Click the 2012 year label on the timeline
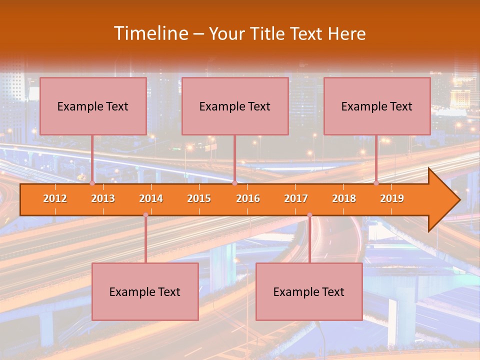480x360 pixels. coord(55,198)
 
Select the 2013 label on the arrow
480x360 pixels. coord(103,198)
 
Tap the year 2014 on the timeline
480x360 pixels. coord(151,198)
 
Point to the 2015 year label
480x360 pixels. coord(199,198)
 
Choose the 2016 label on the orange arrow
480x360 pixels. coord(248,198)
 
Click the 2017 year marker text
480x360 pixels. coord(296,198)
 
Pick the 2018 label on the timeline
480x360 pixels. coord(344,198)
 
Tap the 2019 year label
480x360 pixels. coord(392,198)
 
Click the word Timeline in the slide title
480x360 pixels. coord(150,33)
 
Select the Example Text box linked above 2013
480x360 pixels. coord(93,106)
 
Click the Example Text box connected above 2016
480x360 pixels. coord(235,106)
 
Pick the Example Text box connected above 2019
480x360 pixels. coord(377,106)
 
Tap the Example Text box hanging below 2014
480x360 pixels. coord(145,291)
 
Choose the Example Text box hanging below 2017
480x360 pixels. coord(309,291)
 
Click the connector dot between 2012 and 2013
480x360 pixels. coord(92,183)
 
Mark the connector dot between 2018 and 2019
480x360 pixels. coord(376,183)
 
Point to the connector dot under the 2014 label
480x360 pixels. coord(145,215)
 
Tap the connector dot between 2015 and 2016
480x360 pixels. coord(234,183)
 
